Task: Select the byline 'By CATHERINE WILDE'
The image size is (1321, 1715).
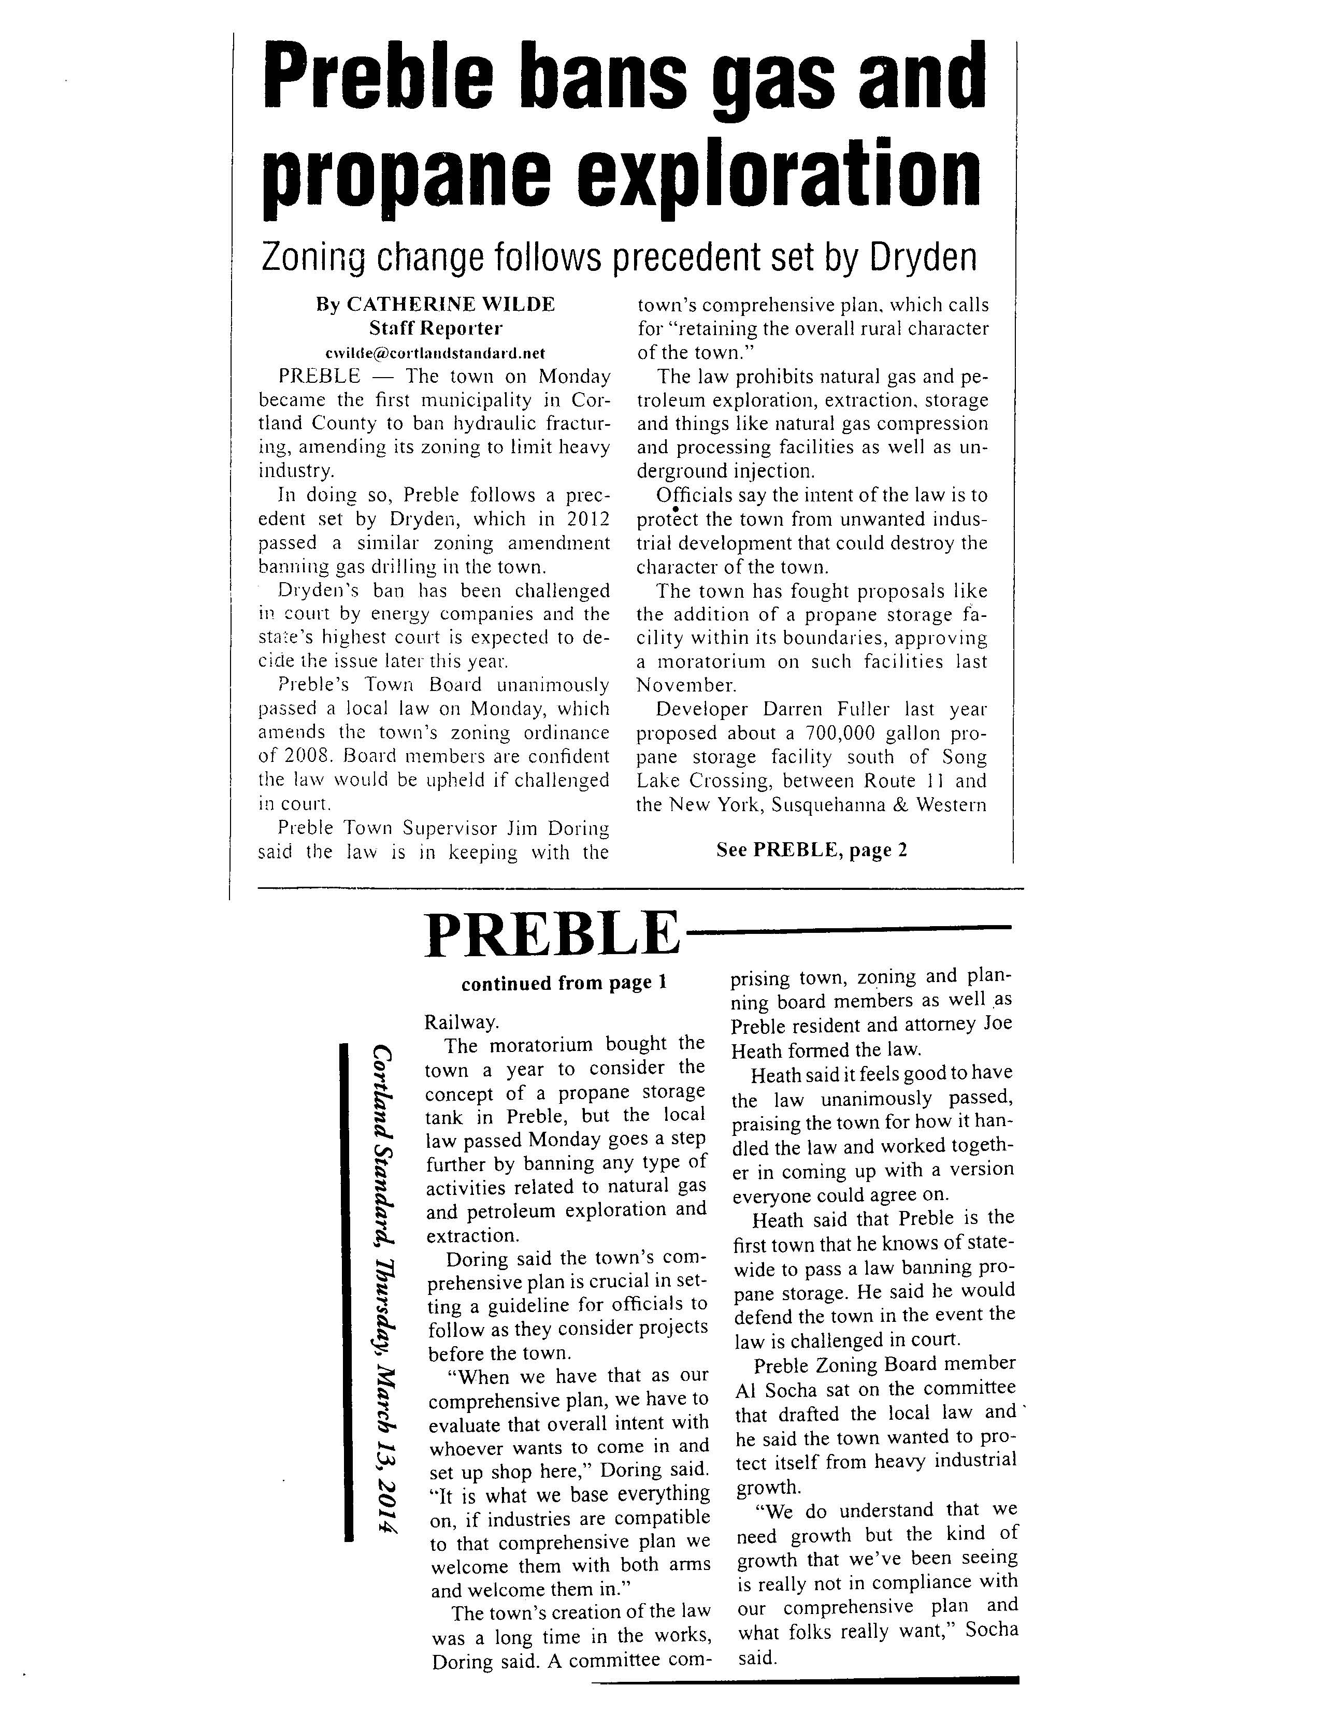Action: click(434, 304)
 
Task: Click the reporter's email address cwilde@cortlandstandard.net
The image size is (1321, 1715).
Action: click(434, 353)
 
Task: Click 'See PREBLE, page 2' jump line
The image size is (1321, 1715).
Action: click(811, 849)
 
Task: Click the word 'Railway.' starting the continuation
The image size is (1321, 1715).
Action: click(461, 1022)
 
